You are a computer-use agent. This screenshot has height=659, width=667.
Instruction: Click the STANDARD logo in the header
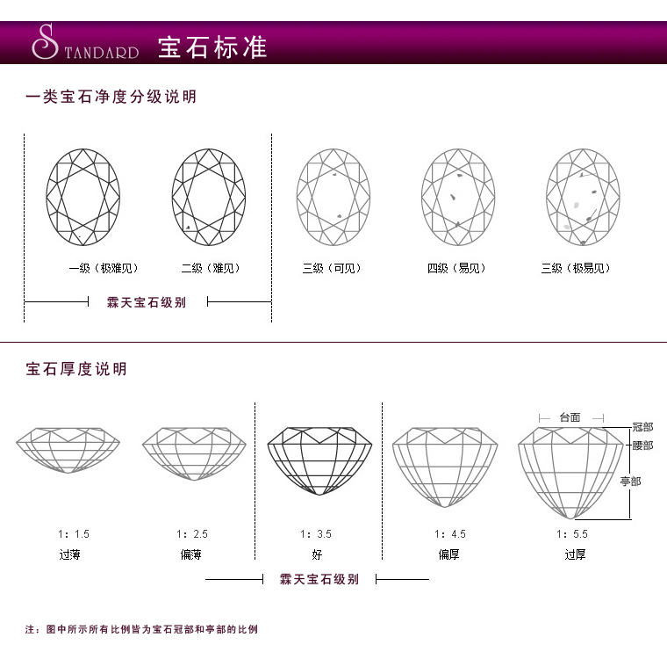(84, 44)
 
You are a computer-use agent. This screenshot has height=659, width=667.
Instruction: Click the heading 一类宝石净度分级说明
(111, 97)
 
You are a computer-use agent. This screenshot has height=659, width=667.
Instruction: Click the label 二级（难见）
(211, 268)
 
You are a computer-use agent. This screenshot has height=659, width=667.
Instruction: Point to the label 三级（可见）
(332, 268)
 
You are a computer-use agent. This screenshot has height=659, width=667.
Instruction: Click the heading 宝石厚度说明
(76, 368)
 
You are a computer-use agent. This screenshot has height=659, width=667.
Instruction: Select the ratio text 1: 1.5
(74, 534)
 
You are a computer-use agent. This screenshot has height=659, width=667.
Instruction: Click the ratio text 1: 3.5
(316, 534)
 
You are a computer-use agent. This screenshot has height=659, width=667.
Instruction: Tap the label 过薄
(69, 554)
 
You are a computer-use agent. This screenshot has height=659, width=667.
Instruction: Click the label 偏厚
(450, 554)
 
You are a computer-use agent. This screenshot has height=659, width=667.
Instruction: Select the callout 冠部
(642, 427)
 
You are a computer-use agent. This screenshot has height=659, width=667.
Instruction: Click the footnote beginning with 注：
(141, 629)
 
